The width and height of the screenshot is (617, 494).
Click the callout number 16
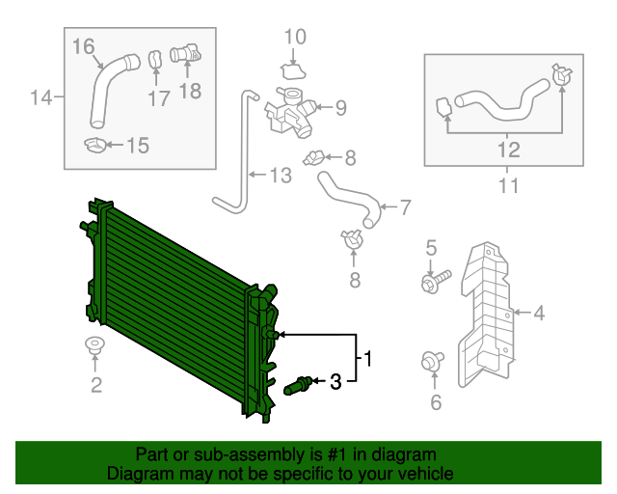coord(83,46)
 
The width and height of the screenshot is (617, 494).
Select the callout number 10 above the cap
coord(295,38)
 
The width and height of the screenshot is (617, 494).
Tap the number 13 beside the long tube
coord(279,176)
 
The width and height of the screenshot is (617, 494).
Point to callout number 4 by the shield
coord(539,312)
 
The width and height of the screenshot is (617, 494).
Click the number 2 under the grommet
coord(95,387)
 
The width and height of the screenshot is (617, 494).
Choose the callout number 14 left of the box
coord(40,97)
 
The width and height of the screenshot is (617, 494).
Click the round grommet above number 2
coord(95,345)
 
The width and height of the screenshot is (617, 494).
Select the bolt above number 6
coord(431,361)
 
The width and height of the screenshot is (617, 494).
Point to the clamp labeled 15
coord(96,146)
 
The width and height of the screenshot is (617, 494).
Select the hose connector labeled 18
coord(184,55)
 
